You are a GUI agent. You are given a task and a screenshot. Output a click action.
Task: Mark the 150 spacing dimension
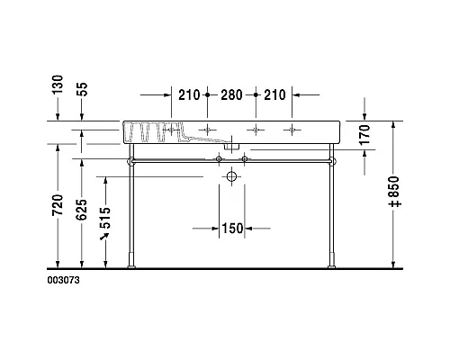[x=232, y=229]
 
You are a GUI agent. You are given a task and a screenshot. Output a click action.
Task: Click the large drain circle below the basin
[x=232, y=177]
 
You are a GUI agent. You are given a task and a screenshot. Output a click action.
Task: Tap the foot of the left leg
[x=133, y=265]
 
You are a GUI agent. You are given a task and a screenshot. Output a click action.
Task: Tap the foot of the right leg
[x=333, y=265]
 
